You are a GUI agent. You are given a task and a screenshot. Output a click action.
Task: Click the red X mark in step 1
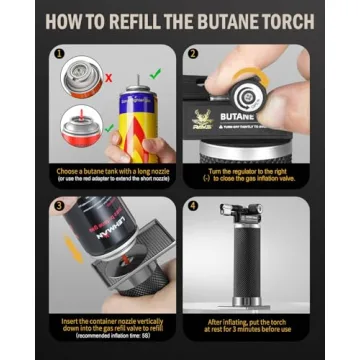point(107,74)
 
